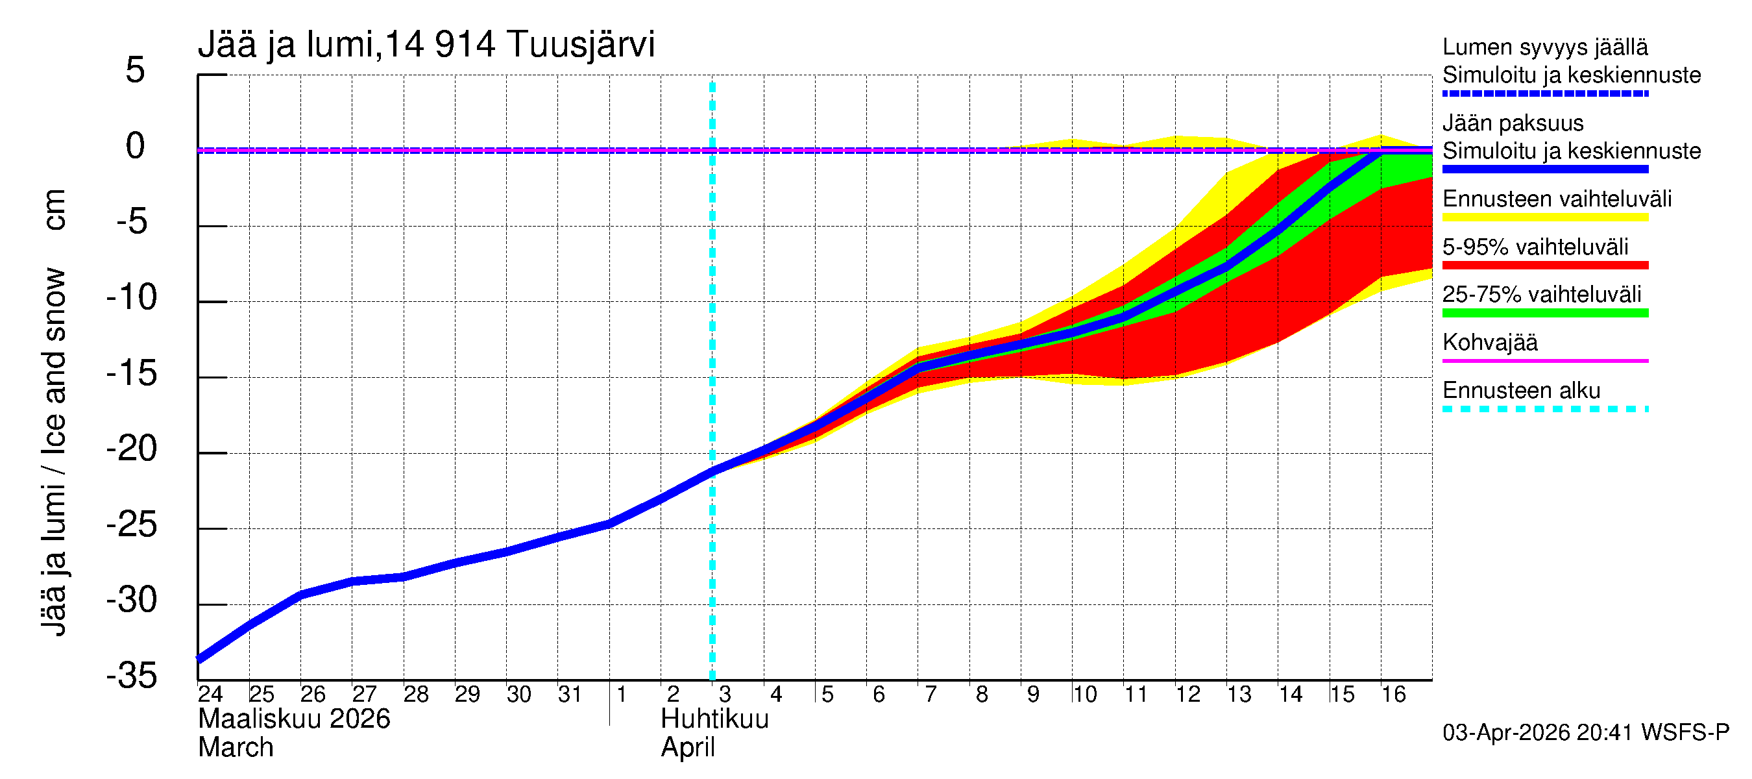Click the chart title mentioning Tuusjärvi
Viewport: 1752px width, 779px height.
click(x=426, y=45)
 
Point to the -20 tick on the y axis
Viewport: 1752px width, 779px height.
click(x=132, y=449)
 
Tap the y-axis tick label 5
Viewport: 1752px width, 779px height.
click(x=135, y=70)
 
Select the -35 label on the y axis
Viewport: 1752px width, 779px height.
click(x=132, y=676)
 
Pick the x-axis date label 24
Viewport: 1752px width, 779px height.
click(x=210, y=694)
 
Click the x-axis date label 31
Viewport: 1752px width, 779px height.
click(x=570, y=694)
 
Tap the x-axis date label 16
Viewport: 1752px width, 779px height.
click(x=1393, y=694)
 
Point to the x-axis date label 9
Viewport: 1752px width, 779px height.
click(x=1032, y=694)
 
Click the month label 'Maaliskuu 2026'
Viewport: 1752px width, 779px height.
click(x=294, y=719)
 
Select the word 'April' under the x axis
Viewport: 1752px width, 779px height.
click(x=688, y=748)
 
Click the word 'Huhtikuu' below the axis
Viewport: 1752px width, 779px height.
click(x=714, y=719)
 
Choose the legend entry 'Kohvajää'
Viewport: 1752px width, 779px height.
click(x=1489, y=342)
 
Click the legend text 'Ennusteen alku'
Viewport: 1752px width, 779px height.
click(x=1521, y=391)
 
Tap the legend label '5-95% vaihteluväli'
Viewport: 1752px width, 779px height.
click(x=1535, y=247)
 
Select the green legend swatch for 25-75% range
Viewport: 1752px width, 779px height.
click(x=1544, y=313)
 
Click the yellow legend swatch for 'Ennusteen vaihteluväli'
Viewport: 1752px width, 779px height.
click(x=1544, y=217)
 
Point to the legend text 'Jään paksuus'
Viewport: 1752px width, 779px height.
click(x=1513, y=123)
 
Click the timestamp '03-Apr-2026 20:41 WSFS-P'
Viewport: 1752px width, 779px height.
click(x=1585, y=732)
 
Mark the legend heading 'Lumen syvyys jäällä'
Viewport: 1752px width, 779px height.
click(x=1544, y=47)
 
